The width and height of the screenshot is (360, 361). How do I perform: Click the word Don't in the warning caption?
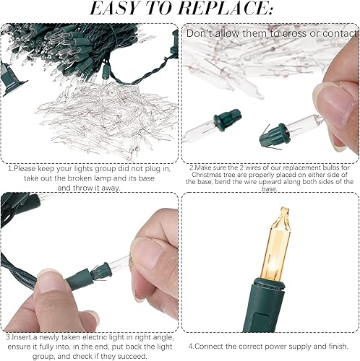201,33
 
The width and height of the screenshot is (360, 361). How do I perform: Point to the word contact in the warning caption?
336,33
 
